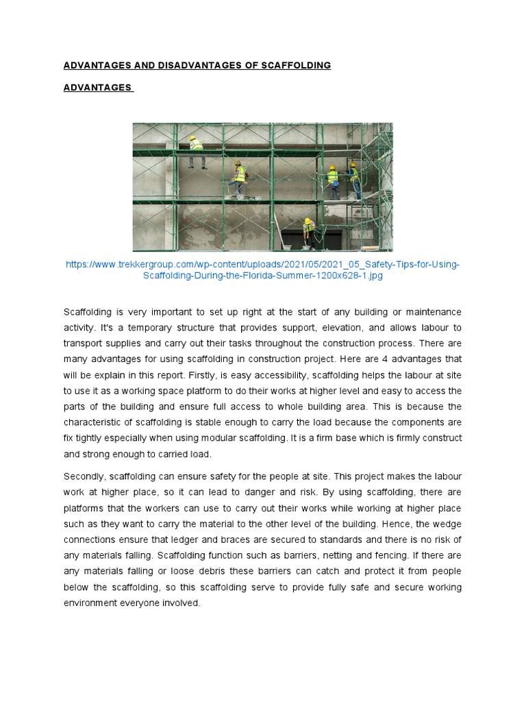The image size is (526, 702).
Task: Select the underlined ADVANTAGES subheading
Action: click(x=97, y=88)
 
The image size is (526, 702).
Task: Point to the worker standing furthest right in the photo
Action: click(x=355, y=180)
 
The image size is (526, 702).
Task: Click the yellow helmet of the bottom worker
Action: click(x=308, y=221)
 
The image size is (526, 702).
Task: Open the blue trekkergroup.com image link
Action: click(x=262, y=269)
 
